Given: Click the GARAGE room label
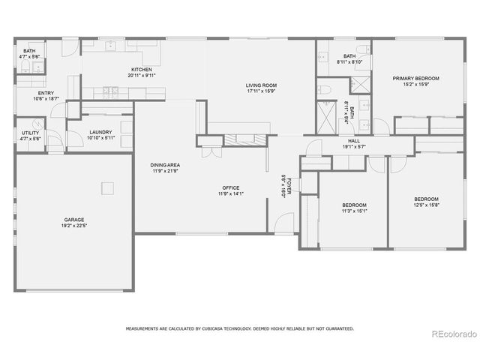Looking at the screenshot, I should [x=73, y=220].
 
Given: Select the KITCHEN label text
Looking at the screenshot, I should [x=142, y=70].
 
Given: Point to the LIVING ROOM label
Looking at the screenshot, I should [x=260, y=86].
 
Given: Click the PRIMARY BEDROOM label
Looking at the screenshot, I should [x=415, y=78].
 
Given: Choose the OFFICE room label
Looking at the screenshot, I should [x=230, y=187].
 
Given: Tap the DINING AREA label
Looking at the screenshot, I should [x=165, y=165].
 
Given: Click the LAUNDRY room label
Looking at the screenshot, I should [x=100, y=132].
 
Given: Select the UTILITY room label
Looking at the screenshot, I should [x=30, y=132].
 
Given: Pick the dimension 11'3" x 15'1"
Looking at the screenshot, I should [x=354, y=211].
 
